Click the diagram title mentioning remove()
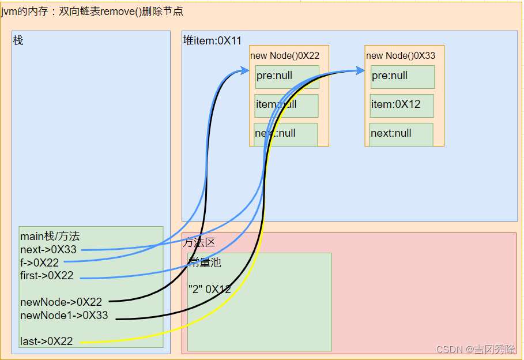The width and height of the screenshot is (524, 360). (92, 12)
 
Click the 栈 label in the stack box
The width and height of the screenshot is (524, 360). (18, 41)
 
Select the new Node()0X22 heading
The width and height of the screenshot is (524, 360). (285, 55)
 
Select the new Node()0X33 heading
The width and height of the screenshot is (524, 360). (401, 55)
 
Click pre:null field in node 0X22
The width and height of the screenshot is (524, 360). (275, 76)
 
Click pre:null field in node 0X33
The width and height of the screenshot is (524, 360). (390, 76)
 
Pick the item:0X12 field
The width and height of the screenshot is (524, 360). (395, 104)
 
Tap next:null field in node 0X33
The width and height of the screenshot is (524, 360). (391, 133)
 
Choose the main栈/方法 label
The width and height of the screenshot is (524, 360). (50, 236)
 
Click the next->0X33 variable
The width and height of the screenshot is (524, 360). (48, 250)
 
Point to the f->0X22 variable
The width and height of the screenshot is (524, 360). (39, 262)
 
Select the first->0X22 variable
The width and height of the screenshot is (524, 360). (47, 275)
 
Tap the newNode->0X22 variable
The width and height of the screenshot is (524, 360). (61, 302)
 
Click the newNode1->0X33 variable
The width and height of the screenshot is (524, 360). (64, 316)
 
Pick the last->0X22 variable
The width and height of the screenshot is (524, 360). (46, 341)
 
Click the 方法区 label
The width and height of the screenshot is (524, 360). (199, 242)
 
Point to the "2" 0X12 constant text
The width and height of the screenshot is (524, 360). (210, 289)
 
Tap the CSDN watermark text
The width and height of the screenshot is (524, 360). (476, 350)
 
